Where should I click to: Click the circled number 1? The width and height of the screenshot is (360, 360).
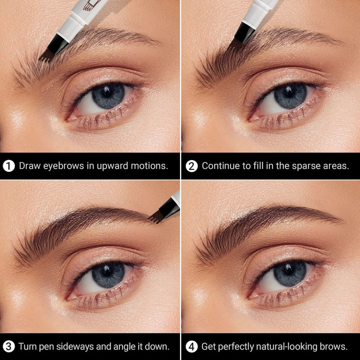9,166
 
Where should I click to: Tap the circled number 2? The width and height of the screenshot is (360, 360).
192,166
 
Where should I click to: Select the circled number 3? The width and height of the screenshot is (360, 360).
9,346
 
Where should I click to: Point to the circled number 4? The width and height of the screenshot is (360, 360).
192,346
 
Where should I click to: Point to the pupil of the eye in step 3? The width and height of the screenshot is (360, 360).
107,272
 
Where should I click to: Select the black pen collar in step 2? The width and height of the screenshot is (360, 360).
244,32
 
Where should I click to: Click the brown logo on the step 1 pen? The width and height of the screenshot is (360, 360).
91,4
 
